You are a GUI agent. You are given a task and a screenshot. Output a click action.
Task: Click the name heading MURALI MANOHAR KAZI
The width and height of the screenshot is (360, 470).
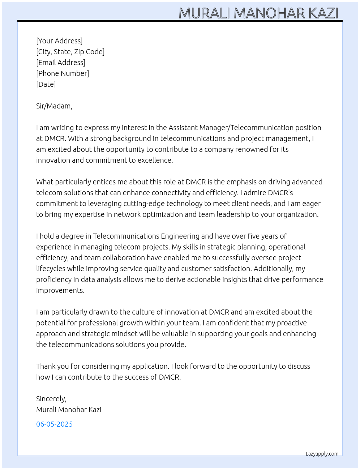[x=258, y=13]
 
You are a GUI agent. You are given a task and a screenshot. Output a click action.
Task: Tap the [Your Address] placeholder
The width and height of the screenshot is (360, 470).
[x=59, y=41]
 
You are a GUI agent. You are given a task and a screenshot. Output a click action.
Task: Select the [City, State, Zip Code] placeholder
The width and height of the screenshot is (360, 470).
[x=70, y=52]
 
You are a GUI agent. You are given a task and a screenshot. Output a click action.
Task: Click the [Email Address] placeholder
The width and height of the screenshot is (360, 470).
[x=61, y=63]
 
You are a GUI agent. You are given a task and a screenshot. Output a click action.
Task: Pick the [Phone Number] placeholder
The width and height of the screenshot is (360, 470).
[x=63, y=73]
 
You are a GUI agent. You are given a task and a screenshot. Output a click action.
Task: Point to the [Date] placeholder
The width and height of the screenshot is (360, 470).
[x=46, y=84]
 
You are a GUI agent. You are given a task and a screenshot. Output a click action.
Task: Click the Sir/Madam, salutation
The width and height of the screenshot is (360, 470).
[x=54, y=106]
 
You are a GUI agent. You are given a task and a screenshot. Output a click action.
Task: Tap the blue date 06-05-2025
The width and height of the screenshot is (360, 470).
[x=54, y=424]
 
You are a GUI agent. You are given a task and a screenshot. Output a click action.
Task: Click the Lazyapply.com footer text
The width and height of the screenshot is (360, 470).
[x=322, y=454]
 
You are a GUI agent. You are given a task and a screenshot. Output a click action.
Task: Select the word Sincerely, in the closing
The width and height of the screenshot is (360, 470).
[x=51, y=399]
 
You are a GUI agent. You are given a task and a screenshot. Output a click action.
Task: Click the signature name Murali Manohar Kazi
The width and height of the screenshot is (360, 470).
[x=69, y=410]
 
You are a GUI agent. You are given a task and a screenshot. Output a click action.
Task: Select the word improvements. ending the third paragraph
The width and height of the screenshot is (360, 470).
[x=60, y=290]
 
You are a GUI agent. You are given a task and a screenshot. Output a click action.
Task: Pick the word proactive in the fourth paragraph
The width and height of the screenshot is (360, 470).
[x=292, y=323]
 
